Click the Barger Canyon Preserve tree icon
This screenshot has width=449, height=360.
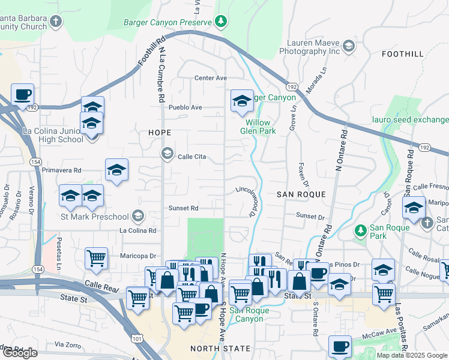(x=221, y=22)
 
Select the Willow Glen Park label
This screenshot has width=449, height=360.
(x=258, y=127)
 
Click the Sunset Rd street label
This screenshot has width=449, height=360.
(x=184, y=209)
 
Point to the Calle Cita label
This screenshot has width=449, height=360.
(x=191, y=157)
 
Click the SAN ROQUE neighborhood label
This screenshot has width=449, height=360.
(x=301, y=194)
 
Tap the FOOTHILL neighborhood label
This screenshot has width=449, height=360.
(x=402, y=54)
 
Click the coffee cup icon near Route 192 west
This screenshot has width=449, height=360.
(x=23, y=95)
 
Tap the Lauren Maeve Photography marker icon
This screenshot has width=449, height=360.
(x=348, y=45)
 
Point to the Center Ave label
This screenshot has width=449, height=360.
(x=210, y=78)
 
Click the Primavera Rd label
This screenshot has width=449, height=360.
(x=61, y=170)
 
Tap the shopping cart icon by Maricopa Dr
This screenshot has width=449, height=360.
(x=96, y=259)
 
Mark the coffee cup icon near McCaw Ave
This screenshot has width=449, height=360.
(x=340, y=346)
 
